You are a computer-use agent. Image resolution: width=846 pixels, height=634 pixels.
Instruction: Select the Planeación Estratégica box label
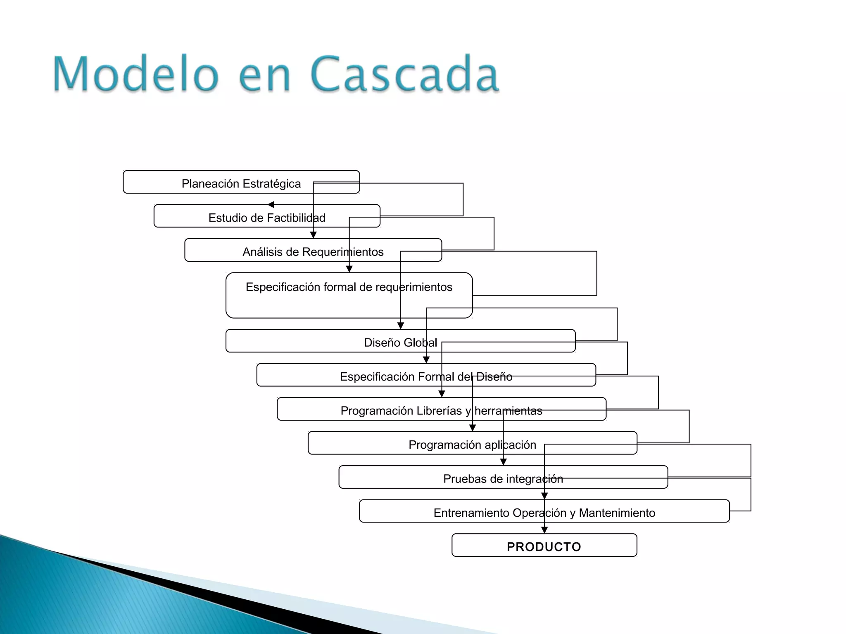(x=241, y=184)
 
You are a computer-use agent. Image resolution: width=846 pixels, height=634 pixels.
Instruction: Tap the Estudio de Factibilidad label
(x=267, y=218)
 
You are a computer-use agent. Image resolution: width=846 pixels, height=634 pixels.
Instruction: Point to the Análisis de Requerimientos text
(x=313, y=252)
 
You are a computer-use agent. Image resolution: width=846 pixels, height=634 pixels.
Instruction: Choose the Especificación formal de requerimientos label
(x=349, y=287)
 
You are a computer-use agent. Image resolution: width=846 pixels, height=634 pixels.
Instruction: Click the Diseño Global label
(x=400, y=343)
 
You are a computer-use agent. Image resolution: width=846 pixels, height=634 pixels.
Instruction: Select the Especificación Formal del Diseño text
(x=426, y=376)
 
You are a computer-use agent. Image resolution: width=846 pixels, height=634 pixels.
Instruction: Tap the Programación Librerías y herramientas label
(x=441, y=411)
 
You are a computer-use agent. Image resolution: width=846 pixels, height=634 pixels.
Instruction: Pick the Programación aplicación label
(x=472, y=445)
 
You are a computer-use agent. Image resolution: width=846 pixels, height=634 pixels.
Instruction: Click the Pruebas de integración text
(x=503, y=479)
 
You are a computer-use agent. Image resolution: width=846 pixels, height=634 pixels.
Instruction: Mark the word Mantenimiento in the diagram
(x=617, y=513)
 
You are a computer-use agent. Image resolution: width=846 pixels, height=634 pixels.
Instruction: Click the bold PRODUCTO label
(x=544, y=547)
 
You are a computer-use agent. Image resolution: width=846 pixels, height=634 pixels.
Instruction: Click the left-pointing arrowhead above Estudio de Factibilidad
(x=271, y=205)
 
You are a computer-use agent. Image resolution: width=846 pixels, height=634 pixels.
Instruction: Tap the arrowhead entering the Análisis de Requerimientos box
(x=313, y=235)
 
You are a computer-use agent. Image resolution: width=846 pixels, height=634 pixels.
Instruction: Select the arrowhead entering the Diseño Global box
(x=400, y=326)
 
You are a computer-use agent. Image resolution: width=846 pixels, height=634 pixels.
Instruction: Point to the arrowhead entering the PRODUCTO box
(x=544, y=530)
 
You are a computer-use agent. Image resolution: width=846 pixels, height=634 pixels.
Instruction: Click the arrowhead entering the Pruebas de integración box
(x=503, y=462)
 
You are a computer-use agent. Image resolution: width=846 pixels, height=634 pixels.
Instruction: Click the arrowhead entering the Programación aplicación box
(x=473, y=428)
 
